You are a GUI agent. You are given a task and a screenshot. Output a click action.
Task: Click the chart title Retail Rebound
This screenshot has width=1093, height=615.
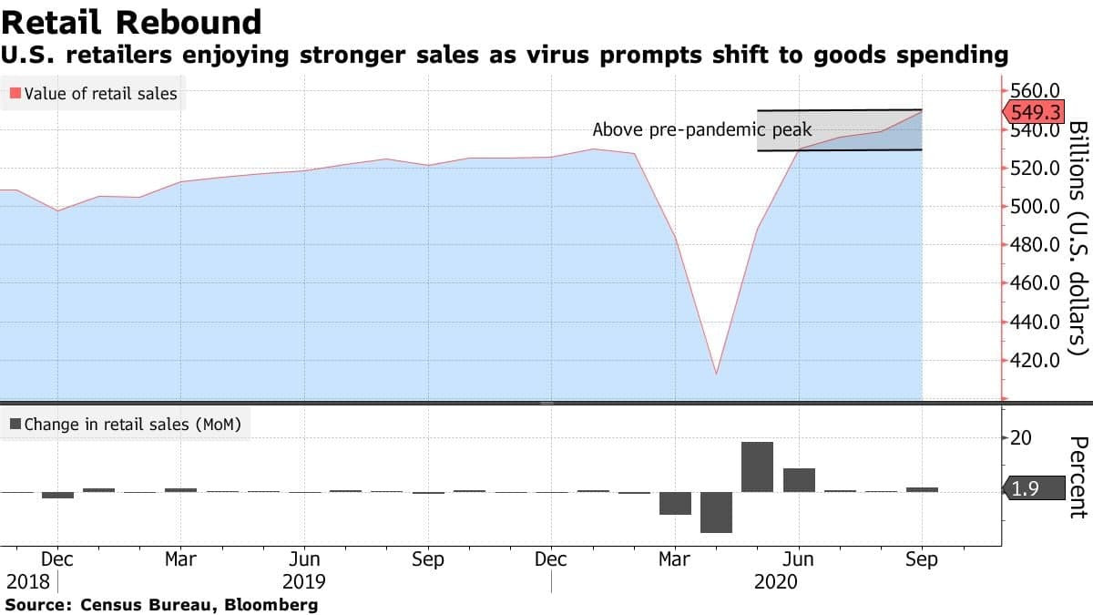(132, 21)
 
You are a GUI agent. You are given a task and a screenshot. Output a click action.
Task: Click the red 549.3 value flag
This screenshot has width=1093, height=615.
(1037, 112)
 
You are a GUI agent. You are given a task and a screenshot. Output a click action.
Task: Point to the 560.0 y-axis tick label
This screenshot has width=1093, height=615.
(1037, 91)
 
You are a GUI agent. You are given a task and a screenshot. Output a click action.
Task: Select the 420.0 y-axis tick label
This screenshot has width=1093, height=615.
(1037, 361)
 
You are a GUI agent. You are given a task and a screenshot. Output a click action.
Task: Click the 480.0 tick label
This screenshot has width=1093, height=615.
(1037, 245)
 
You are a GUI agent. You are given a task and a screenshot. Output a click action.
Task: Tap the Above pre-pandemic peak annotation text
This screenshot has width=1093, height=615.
(701, 130)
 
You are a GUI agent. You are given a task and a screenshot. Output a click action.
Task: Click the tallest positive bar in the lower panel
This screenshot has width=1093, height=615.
(757, 466)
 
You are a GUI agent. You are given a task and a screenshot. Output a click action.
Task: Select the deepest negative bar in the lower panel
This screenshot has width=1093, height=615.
(716, 512)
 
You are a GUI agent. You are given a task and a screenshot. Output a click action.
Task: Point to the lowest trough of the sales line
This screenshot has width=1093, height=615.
(716, 373)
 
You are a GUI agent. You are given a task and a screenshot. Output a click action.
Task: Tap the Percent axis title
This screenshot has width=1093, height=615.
(1078, 477)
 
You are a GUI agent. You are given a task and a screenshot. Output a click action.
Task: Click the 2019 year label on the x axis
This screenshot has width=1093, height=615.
(303, 581)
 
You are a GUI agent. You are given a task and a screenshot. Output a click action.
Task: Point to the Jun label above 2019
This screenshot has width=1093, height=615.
(303, 559)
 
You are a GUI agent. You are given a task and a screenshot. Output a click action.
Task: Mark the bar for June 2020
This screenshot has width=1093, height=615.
(799, 479)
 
